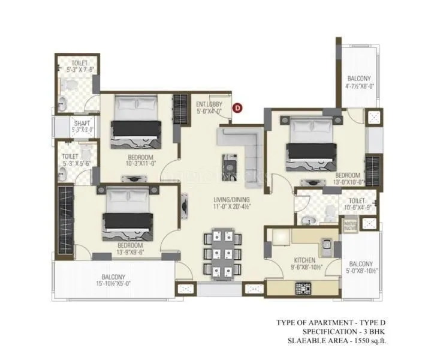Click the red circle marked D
pos(237,108)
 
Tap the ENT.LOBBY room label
pos(209,104)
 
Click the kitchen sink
pos(327,245)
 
